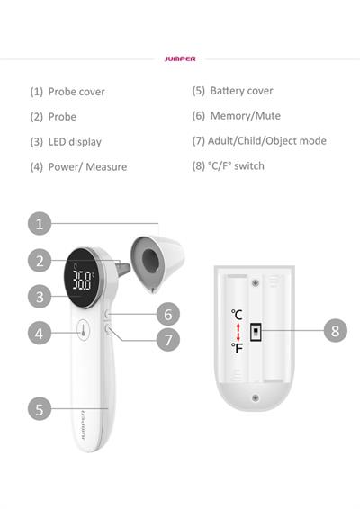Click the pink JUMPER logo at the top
[180, 58]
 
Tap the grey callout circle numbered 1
[40, 223]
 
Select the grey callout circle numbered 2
[40, 260]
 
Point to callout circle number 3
[40, 297]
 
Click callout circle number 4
[40, 333]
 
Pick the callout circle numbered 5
[40, 408]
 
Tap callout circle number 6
[168, 314]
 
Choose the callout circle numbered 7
[168, 340]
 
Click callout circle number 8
[336, 330]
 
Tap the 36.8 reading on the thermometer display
[81, 280]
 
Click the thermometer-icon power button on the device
[84, 330]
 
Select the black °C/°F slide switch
[256, 332]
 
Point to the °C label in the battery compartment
[237, 315]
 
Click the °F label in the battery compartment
[237, 348]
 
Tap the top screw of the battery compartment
[256, 282]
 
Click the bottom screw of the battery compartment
[256, 397]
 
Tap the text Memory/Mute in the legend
[246, 116]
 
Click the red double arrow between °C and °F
[238, 332]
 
